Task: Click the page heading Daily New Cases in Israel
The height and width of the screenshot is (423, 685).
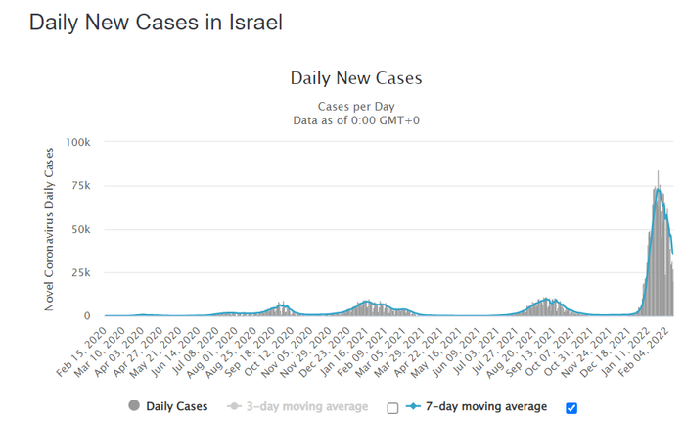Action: click(156, 23)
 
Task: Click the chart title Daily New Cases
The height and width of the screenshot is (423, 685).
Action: click(356, 78)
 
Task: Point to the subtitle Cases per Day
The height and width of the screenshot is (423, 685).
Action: click(356, 106)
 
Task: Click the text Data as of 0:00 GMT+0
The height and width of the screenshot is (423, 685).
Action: click(356, 120)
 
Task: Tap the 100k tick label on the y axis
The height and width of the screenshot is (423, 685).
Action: click(78, 143)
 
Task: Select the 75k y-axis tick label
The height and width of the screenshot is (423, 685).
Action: click(81, 186)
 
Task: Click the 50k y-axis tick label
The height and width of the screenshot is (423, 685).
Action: click(81, 229)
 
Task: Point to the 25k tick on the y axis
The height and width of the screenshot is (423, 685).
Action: click(81, 272)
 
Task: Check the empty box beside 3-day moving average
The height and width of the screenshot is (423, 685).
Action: click(393, 408)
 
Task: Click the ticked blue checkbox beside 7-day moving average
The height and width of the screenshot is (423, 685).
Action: click(572, 408)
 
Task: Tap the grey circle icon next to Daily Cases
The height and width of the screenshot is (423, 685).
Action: click(133, 406)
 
